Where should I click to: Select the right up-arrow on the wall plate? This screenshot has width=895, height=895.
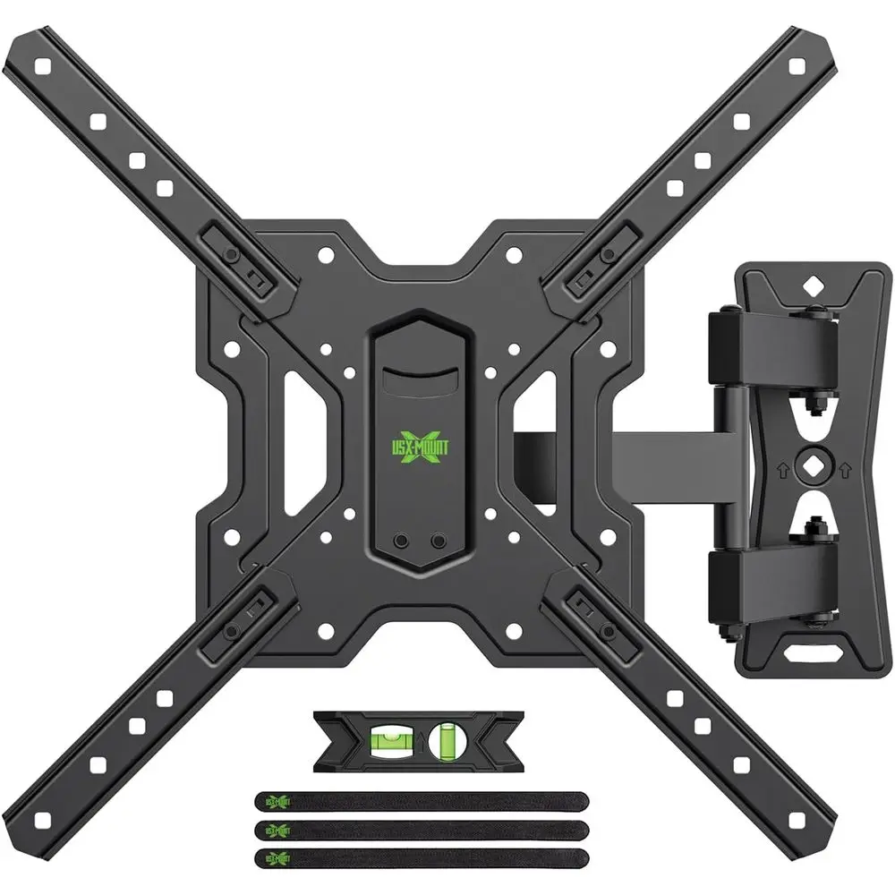(844, 466)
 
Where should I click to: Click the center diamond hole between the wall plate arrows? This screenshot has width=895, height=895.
(812, 465)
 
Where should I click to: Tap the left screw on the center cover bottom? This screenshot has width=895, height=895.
(401, 542)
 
